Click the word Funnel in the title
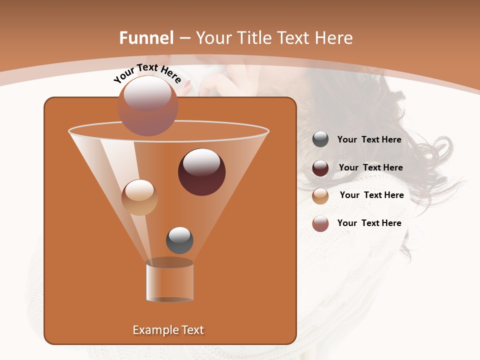click(x=146, y=38)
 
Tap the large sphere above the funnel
click(x=147, y=105)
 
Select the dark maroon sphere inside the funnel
click(x=201, y=171)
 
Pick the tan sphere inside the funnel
click(x=139, y=197)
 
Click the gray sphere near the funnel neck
click(x=179, y=240)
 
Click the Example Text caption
click(x=168, y=330)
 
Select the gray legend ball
click(x=320, y=139)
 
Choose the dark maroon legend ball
click(x=320, y=168)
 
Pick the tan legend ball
click(x=320, y=195)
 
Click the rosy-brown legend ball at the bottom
click(x=320, y=223)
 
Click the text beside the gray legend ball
click(x=369, y=139)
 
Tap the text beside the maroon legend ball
click(x=370, y=167)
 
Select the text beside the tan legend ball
click(x=371, y=195)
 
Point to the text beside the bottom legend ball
click(x=369, y=223)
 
